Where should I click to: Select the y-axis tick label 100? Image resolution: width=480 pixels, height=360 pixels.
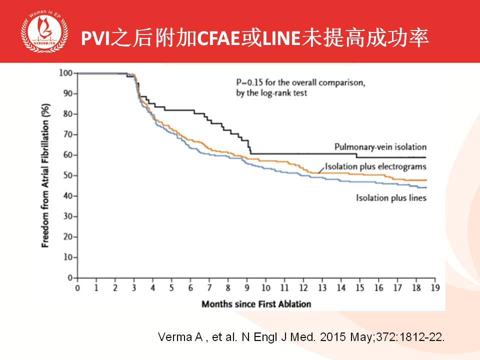coord(65,73)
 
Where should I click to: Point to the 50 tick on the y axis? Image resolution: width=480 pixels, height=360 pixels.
coord(67,175)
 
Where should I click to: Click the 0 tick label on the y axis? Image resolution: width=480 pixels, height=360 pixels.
coord(69,277)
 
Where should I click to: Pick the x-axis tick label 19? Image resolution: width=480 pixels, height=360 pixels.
coord(435,288)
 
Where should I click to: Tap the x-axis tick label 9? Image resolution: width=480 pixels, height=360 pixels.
coord(247,288)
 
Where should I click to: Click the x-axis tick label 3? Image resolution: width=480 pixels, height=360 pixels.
coord(134,288)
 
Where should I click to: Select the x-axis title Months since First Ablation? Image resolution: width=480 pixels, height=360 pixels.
coord(255,303)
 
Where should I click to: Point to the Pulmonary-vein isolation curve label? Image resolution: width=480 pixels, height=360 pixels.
coord(380,147)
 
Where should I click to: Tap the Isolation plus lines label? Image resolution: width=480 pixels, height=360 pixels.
coord(391,198)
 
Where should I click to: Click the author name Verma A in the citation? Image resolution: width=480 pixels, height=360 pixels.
coord(176,336)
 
